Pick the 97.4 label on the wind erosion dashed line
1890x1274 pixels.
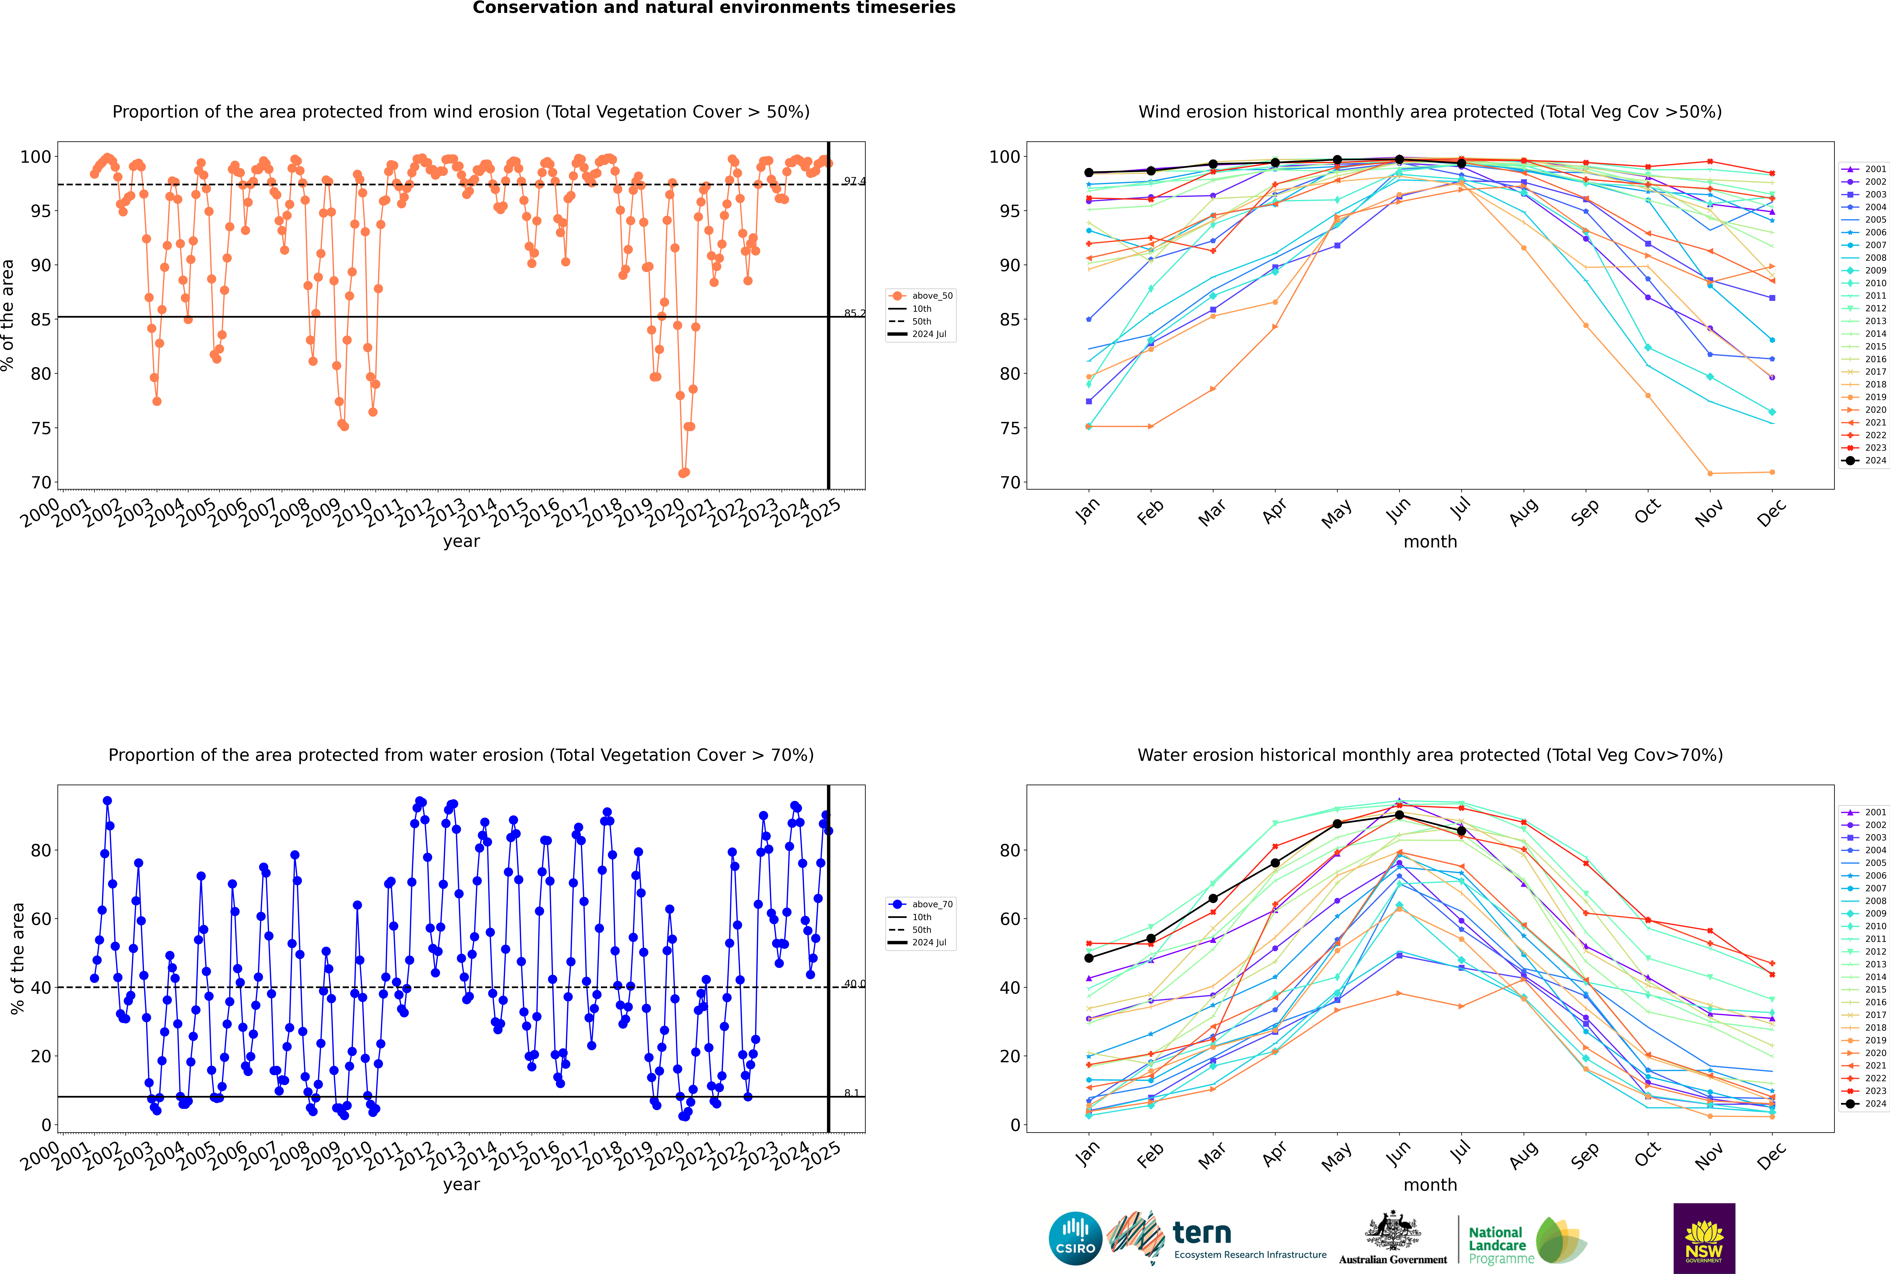854,181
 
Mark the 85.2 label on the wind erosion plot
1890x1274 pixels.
854,314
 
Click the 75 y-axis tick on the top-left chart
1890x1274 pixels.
41,428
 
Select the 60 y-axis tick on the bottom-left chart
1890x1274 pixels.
41,919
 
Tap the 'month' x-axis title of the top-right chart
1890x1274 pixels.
1430,542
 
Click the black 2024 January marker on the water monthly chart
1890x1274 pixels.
1089,958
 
